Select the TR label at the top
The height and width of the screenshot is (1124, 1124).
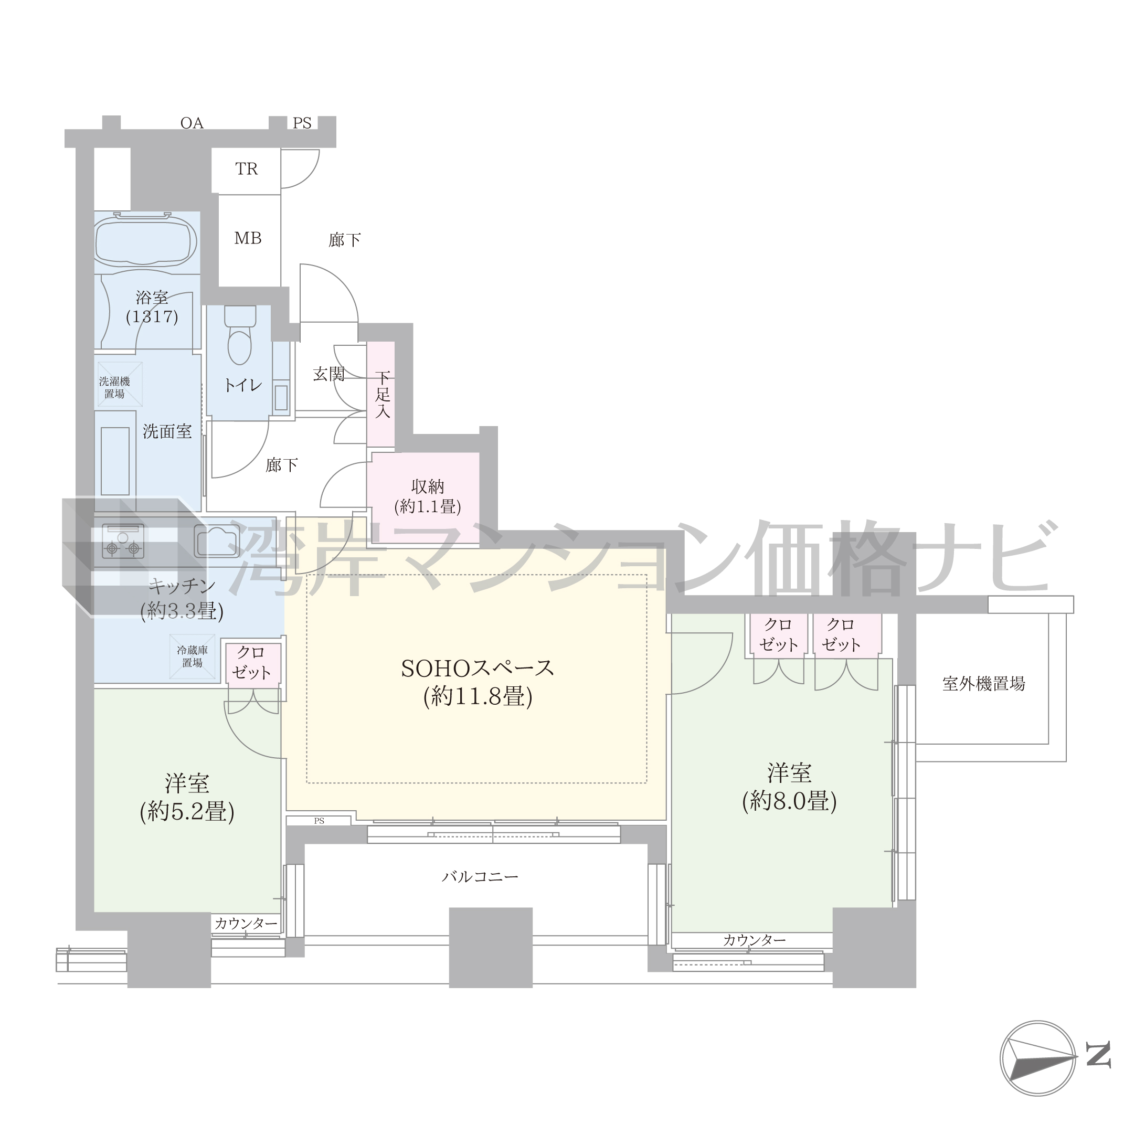click(246, 169)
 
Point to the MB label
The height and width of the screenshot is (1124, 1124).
click(248, 238)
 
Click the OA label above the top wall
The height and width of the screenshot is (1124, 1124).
click(192, 123)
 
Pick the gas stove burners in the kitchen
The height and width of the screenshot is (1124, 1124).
click(123, 541)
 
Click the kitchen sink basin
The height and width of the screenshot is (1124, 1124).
click(216, 541)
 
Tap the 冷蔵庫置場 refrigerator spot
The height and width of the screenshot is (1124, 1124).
click(192, 656)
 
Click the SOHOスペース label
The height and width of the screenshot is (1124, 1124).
click(478, 669)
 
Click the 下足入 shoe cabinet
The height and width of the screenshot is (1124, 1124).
click(381, 394)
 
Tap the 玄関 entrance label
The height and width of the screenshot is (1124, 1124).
click(330, 374)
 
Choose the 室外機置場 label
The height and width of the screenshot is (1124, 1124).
click(984, 684)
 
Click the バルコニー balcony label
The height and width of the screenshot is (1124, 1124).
click(480, 876)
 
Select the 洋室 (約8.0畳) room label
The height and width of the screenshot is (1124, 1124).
click(789, 787)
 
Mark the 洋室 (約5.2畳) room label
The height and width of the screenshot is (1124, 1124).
click(187, 798)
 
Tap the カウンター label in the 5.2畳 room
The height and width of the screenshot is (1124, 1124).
click(246, 924)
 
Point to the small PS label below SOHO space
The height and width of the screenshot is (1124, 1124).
click(319, 821)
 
